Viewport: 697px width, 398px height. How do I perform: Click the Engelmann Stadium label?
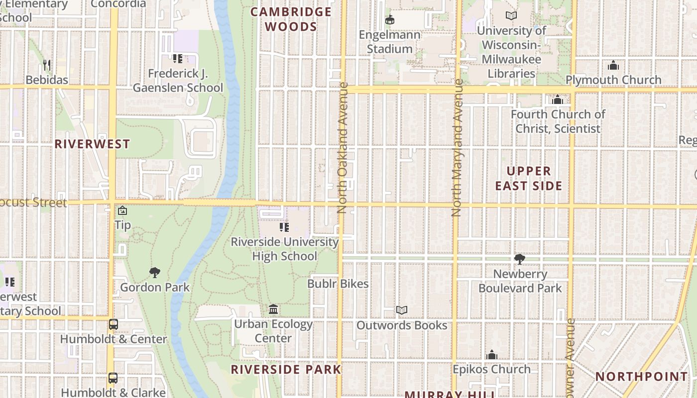point(390,42)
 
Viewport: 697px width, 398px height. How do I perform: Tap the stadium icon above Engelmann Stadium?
point(390,20)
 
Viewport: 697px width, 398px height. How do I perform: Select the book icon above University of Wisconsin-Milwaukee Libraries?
point(511,16)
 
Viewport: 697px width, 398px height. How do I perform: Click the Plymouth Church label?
point(613,80)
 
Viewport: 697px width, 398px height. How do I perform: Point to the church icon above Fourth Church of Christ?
point(558,100)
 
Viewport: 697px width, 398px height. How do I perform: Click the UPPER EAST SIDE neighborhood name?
point(528,179)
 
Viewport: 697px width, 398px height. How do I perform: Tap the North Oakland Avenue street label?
point(342,148)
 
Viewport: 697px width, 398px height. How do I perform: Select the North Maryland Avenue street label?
point(457,148)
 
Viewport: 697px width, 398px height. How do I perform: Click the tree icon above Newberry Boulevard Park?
point(520,259)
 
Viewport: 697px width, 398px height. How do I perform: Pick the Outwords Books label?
point(402,325)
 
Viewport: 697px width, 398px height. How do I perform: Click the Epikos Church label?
point(491,369)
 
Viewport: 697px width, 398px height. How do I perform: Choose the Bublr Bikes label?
point(338,284)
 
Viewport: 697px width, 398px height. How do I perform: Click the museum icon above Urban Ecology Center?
point(273,309)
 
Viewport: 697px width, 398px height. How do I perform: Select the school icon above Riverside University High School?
point(284,227)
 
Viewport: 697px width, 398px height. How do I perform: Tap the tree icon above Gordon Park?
point(155,272)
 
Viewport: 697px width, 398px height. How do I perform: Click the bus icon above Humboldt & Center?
point(114,324)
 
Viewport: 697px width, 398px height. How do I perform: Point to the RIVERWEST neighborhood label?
point(92,144)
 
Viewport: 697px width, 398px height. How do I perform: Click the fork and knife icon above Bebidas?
point(47,65)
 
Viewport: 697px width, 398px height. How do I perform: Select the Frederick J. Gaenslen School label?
point(178,81)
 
